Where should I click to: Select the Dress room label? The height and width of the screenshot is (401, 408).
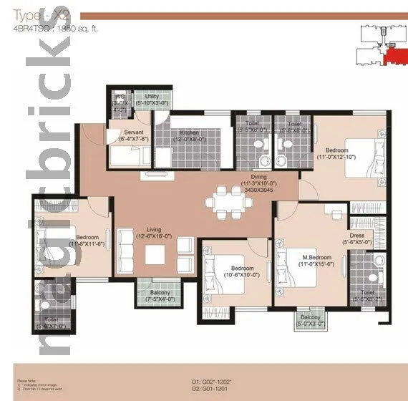click(x=358, y=236)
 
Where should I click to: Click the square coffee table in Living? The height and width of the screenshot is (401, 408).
click(x=155, y=254)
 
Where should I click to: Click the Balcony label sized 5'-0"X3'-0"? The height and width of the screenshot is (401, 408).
click(x=310, y=318)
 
